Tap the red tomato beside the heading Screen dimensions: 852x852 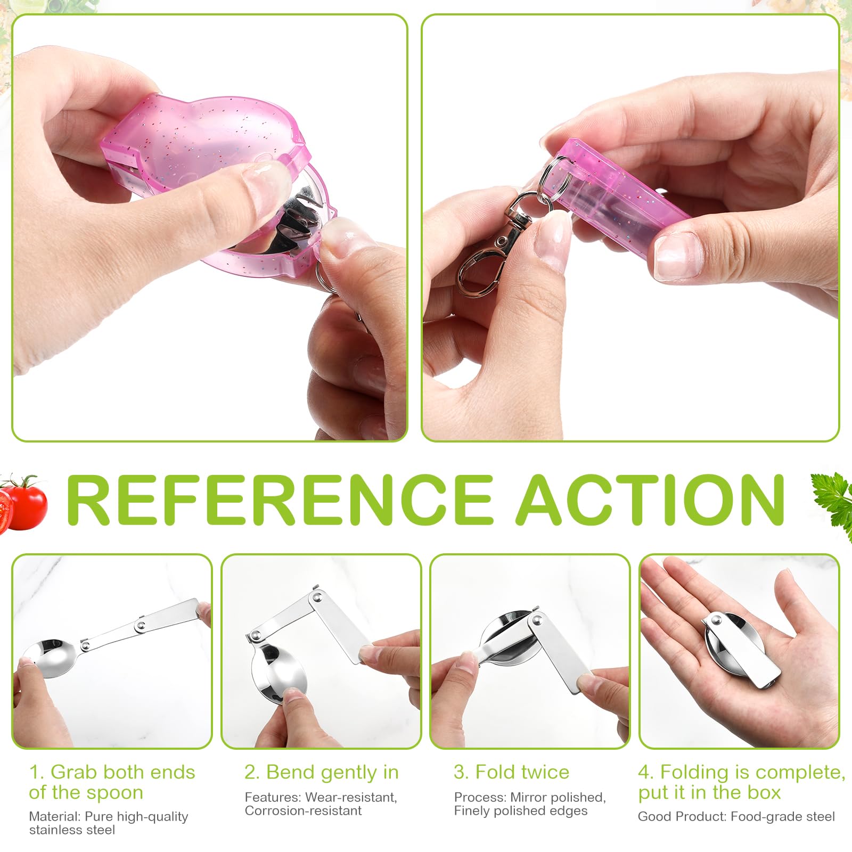pos(24,503)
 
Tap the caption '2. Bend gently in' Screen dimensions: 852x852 pos(322,772)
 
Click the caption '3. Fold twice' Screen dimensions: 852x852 pos(512,772)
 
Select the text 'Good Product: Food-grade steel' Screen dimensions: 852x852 pos(736,816)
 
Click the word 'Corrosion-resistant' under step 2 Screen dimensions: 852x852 pos(303,810)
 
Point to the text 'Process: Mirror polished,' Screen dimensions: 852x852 pos(530,797)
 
